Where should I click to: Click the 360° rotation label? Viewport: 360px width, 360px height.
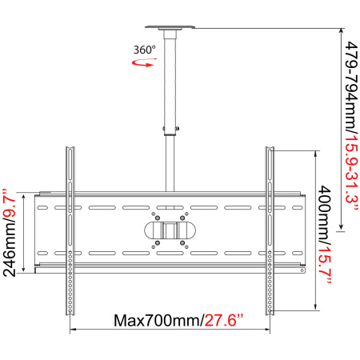point(145,50)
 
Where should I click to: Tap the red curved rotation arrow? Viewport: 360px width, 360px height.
point(144,63)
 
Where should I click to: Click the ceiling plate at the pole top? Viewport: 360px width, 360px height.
point(170,27)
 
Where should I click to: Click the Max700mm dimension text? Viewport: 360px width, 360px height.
point(159,320)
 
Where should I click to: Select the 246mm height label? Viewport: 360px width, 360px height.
point(10,250)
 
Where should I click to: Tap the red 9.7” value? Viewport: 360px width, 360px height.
point(10,205)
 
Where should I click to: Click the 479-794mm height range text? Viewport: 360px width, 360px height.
point(352,88)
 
